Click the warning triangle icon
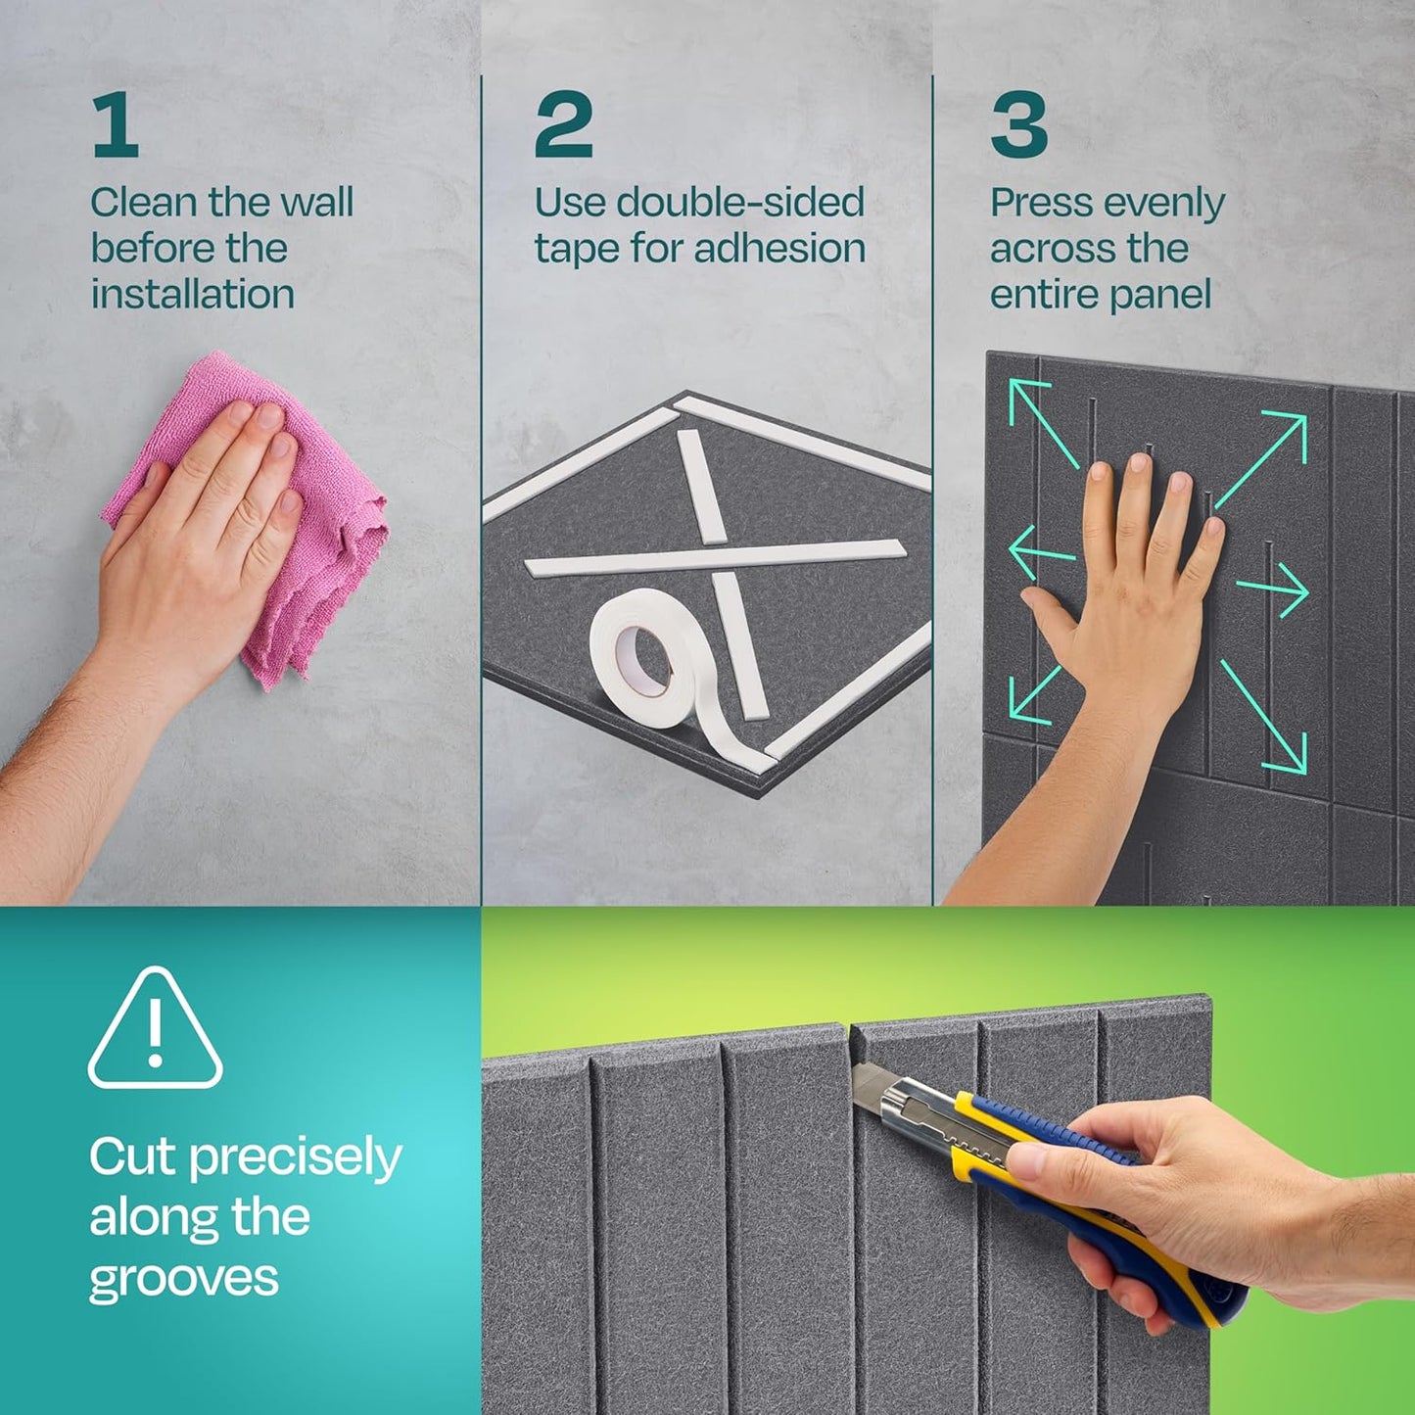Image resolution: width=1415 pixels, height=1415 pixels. [155, 1030]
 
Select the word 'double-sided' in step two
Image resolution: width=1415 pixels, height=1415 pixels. [740, 203]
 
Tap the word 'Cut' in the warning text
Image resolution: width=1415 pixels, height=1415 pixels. [133, 1157]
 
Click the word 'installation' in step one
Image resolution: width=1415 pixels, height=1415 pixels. [193, 294]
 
